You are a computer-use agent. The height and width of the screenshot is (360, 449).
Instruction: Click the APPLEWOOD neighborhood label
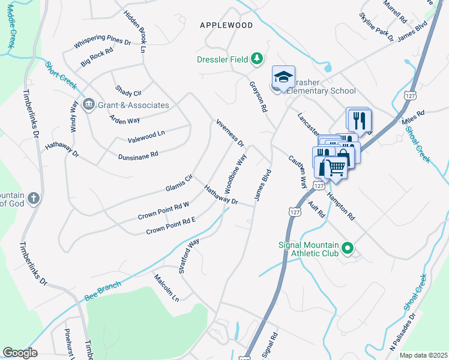(x=226, y=25)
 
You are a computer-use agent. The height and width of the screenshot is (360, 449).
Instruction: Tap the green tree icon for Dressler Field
(x=257, y=58)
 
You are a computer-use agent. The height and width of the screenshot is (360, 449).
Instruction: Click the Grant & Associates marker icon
(x=89, y=105)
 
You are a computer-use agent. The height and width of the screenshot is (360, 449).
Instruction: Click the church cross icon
(x=34, y=198)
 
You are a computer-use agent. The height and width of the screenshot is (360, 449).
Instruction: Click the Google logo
(x=20, y=353)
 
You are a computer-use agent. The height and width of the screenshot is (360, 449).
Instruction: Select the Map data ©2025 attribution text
(x=423, y=355)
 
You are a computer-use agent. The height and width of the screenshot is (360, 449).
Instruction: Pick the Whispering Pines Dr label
(x=102, y=43)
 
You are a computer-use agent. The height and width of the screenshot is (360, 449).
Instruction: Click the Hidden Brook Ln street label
(x=135, y=31)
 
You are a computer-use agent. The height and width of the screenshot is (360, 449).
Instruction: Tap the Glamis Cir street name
(x=179, y=184)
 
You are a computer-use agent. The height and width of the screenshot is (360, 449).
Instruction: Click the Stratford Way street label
(x=188, y=256)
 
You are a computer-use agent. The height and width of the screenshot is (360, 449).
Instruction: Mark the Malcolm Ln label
(x=166, y=287)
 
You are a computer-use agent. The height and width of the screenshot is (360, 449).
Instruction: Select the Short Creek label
(x=61, y=76)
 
